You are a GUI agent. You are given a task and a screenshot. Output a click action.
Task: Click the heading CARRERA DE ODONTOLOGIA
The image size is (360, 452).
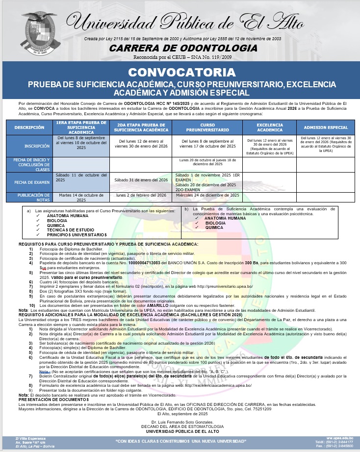tap(183, 48)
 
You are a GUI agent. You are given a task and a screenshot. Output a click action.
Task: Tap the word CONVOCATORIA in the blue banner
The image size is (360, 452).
tap(182, 72)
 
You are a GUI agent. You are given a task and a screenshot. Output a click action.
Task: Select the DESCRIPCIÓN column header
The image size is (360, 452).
tap(29, 127)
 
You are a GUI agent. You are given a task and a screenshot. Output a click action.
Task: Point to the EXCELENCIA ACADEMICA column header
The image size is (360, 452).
tap(270, 127)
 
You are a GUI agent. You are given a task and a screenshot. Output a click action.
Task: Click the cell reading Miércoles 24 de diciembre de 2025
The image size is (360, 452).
tap(207, 195)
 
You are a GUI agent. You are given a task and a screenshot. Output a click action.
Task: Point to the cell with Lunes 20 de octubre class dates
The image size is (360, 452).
tap(207, 162)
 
